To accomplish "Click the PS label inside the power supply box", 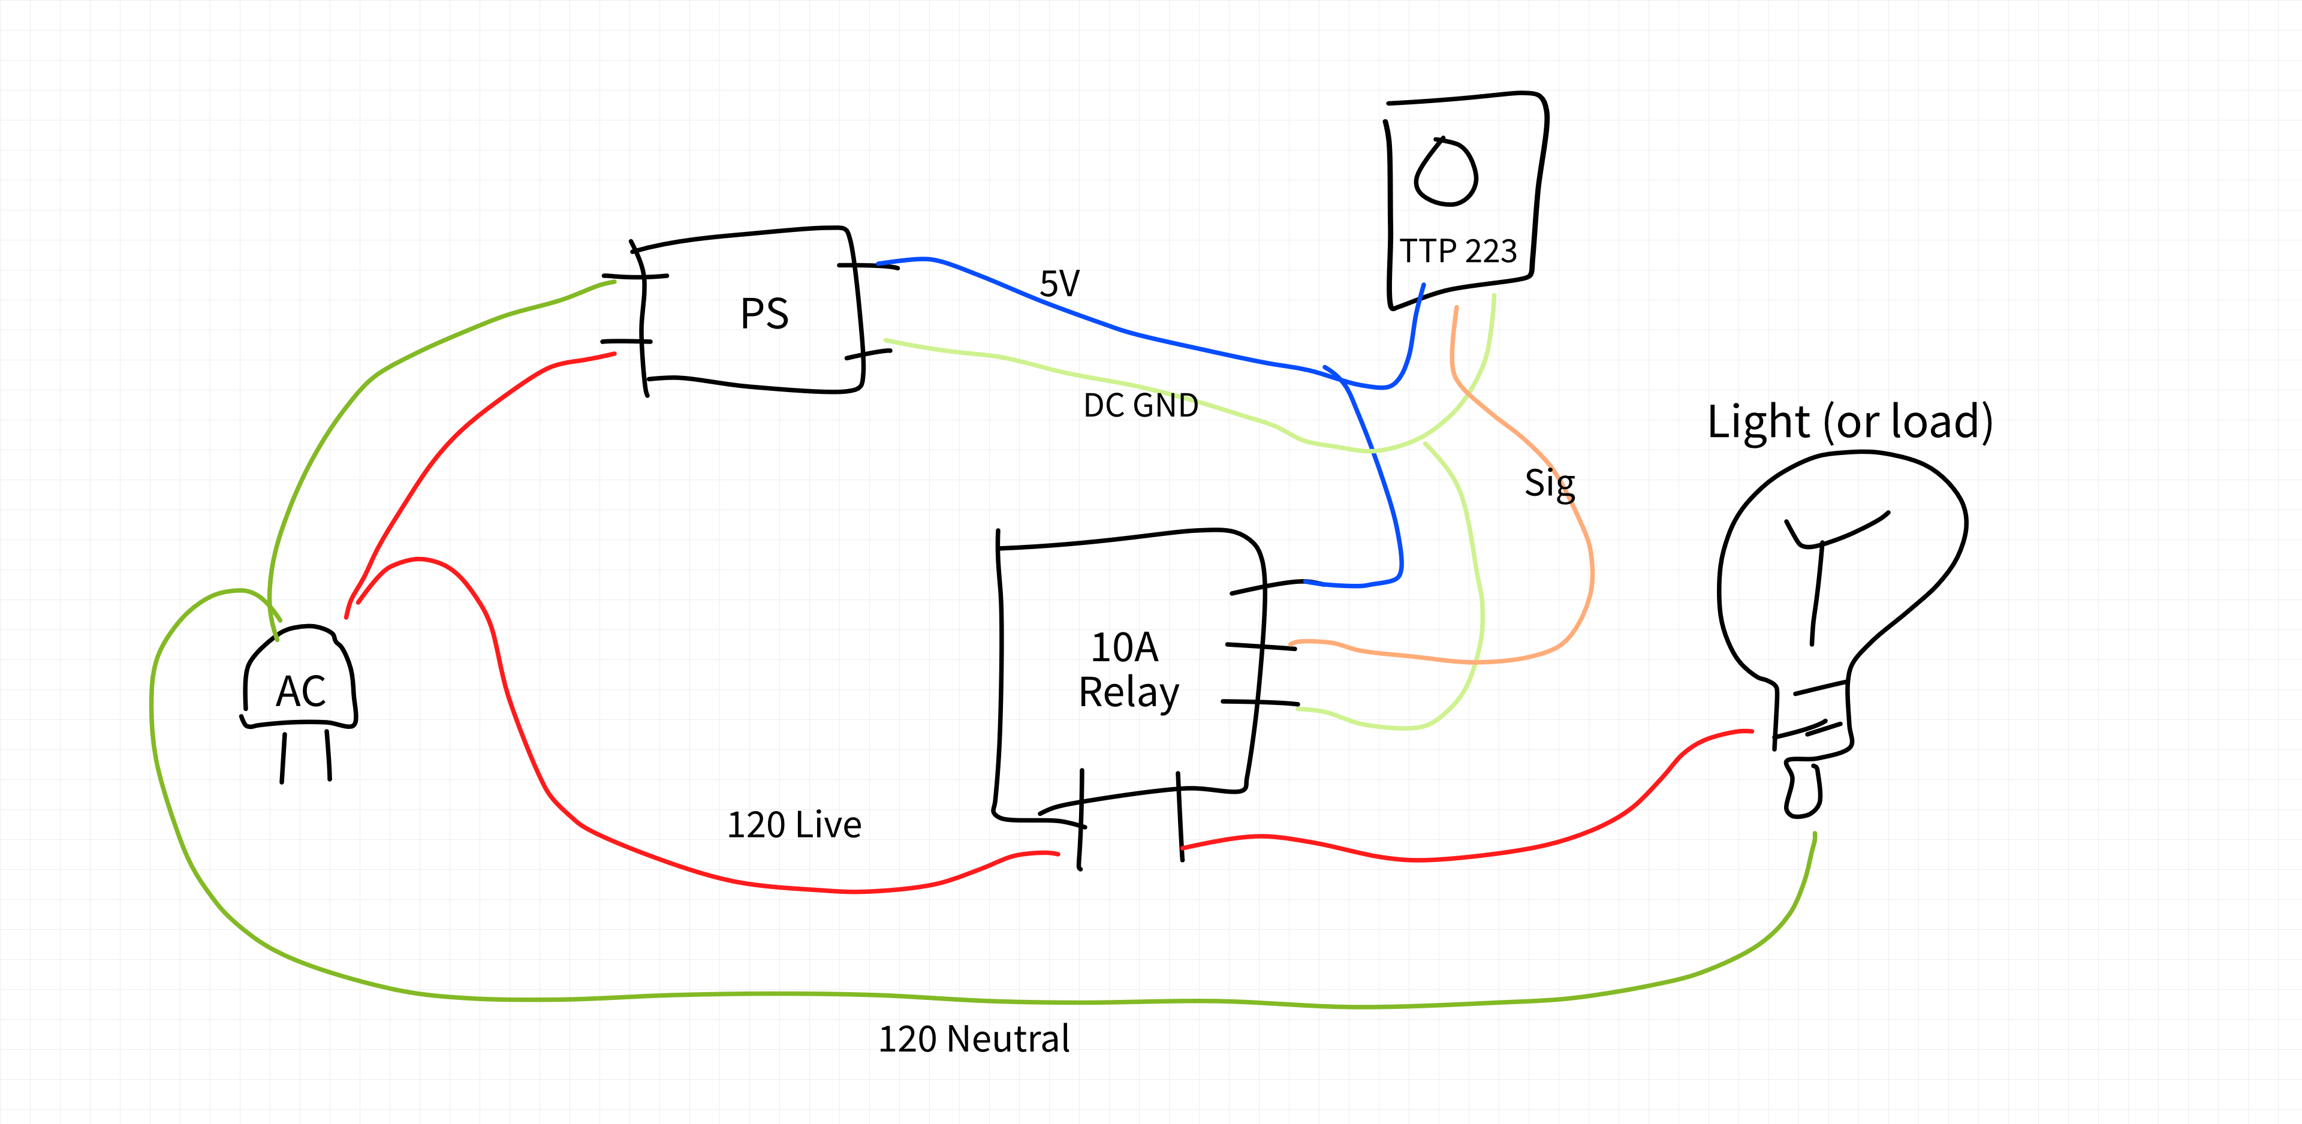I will point(764,314).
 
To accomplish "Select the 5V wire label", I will point(1060,284).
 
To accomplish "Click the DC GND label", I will point(1140,406).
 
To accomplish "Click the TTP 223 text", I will point(1457,251).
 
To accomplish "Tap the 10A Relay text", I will point(1128,670).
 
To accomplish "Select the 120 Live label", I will point(794,825).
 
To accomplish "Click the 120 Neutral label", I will point(973,1039).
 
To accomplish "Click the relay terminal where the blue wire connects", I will point(1267,587).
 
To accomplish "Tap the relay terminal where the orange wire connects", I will point(1260,646).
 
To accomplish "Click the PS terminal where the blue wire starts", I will point(867,266).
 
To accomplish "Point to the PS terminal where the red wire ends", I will point(625,341).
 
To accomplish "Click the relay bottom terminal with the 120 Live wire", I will point(1081,818).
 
